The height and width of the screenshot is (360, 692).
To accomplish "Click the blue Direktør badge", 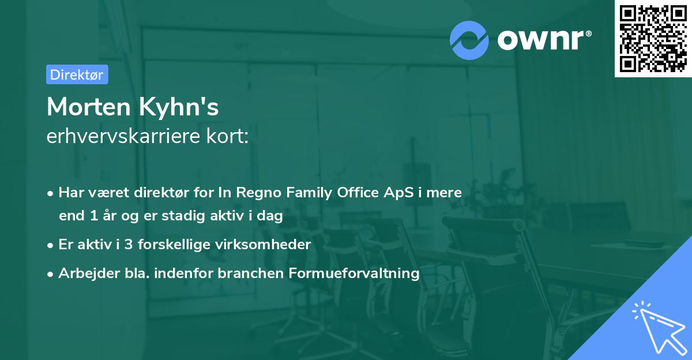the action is (x=77, y=74).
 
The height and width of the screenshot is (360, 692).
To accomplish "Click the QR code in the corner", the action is (x=653, y=39).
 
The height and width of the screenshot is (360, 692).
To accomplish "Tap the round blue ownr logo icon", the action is (x=469, y=40).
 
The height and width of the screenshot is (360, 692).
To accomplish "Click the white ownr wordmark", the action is (x=544, y=40).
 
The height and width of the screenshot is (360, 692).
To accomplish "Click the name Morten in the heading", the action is (x=89, y=107).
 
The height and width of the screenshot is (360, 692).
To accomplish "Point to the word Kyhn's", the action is (x=179, y=107).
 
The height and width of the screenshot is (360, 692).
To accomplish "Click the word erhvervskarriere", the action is (x=123, y=136).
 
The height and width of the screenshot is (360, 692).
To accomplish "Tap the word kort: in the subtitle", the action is (x=228, y=136).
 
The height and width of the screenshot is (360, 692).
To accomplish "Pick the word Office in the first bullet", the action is (x=358, y=192).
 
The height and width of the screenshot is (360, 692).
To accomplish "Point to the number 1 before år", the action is (x=94, y=216).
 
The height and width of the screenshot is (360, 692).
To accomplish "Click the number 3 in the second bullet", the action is (x=129, y=245).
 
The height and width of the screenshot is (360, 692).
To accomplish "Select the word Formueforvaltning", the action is (x=354, y=273).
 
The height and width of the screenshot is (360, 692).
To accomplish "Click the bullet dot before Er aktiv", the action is (x=50, y=246).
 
